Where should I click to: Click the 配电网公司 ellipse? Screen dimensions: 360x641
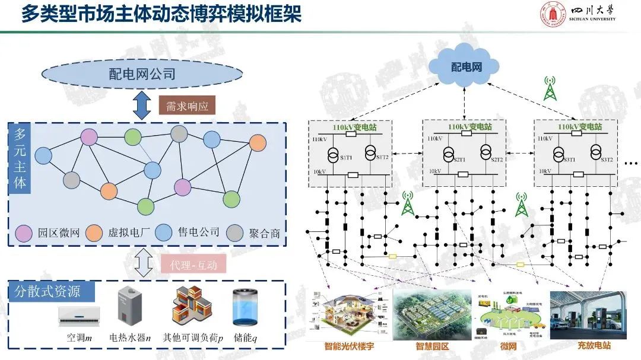click(142, 74)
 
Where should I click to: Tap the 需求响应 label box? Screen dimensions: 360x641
click(186, 106)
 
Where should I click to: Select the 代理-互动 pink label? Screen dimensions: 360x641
click(193, 263)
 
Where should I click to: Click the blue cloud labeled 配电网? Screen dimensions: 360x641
click(467, 66)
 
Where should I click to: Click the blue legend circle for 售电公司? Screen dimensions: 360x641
click(164, 232)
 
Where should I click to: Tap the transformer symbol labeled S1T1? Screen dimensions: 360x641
click(332, 154)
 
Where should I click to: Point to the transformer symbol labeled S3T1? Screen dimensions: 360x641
click(559, 154)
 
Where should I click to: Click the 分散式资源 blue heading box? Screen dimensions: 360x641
click(52, 291)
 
